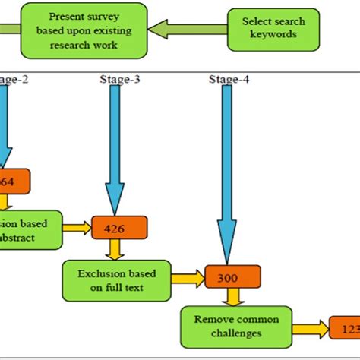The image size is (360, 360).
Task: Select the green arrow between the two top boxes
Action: click(x=188, y=30)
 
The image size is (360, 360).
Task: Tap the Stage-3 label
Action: click(x=119, y=80)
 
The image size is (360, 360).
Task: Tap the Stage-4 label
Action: click(x=229, y=80)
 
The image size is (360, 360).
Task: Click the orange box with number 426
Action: click(x=119, y=227)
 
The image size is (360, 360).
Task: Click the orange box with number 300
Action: click(x=232, y=277)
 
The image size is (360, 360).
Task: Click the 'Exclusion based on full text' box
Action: click(x=115, y=278)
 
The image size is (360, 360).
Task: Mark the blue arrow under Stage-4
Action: click(x=226, y=175)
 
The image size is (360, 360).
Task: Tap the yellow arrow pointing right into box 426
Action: click(x=77, y=226)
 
